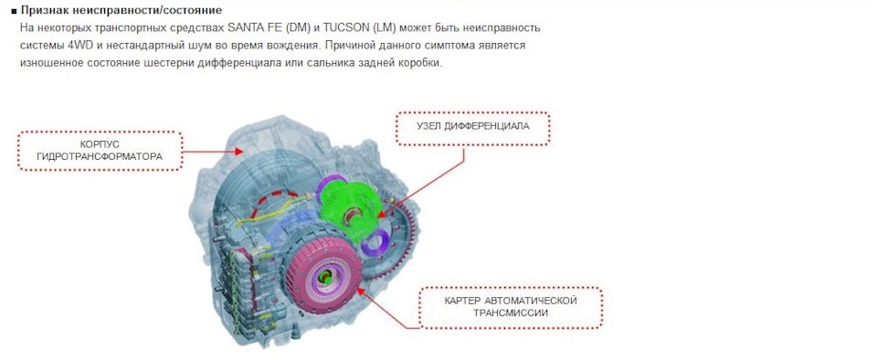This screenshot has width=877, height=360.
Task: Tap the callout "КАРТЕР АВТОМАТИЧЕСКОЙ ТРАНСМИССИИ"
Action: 512,306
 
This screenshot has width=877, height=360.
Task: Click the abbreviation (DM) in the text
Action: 300,27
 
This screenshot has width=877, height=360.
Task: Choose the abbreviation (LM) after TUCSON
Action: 384,27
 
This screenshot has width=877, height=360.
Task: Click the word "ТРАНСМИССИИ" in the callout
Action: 511,313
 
